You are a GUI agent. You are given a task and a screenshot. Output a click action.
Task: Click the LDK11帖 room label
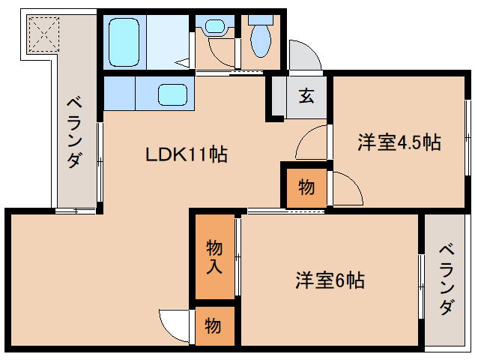tap(187, 155)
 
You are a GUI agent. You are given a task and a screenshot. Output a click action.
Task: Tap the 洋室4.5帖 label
tap(398, 141)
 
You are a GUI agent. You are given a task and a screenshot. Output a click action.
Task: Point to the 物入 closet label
tap(214, 255)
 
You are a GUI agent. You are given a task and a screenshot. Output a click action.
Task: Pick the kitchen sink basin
tap(172, 94)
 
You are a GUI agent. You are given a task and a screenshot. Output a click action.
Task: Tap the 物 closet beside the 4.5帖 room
tap(306, 187)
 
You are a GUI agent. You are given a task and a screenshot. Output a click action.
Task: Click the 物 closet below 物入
tap(214, 326)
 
